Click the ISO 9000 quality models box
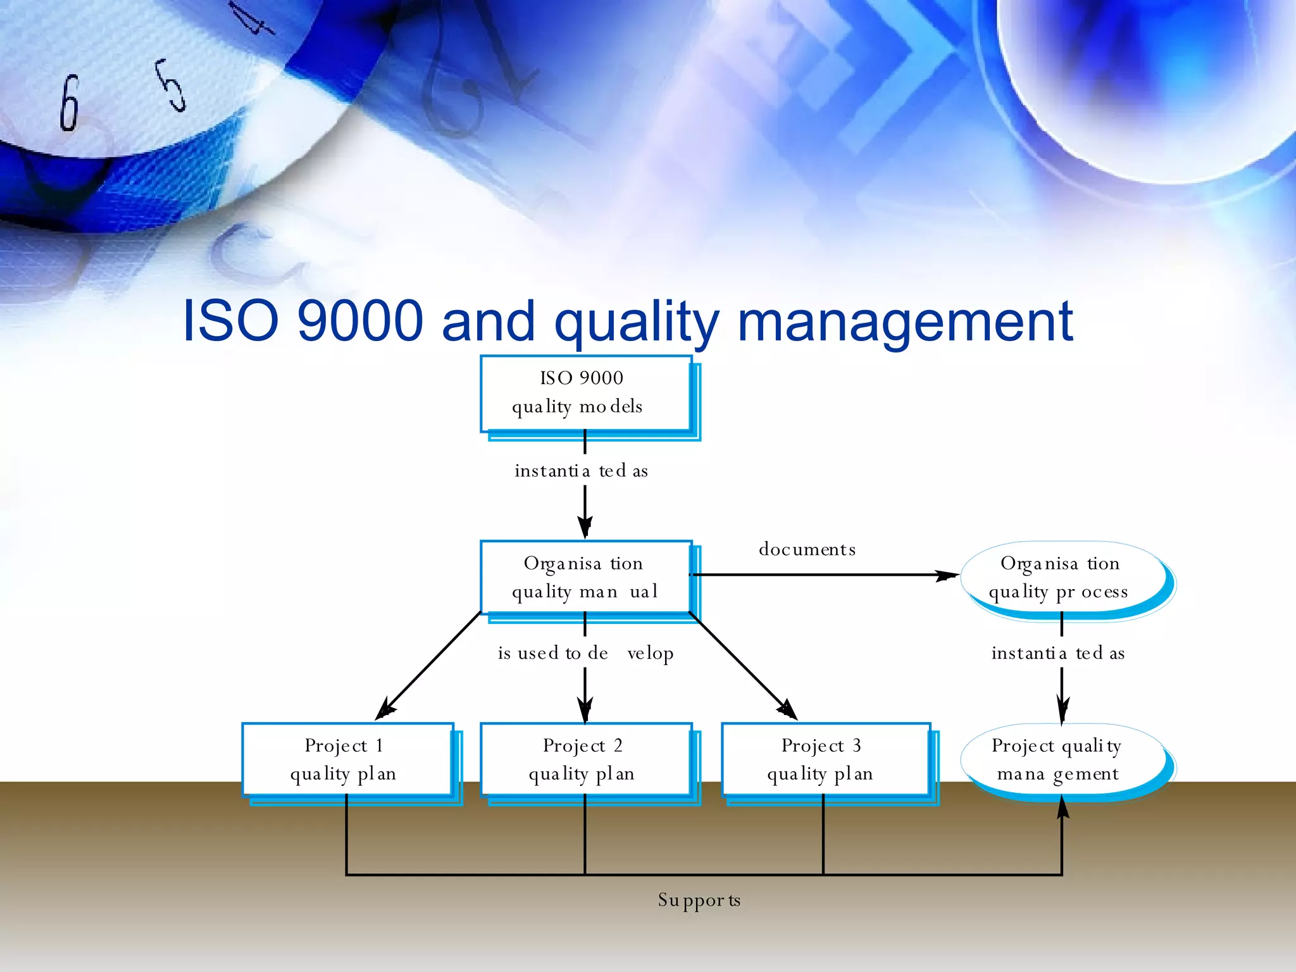585,393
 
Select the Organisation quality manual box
585,577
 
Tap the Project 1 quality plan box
347,759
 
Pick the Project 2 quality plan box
585,759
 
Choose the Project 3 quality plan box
825,759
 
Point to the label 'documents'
807,549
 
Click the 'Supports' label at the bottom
699,900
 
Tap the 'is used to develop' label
585,653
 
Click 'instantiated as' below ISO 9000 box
581,471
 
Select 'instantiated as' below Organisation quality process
1058,653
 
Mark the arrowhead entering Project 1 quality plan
385,711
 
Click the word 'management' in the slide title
905,321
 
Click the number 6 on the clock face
69,103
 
